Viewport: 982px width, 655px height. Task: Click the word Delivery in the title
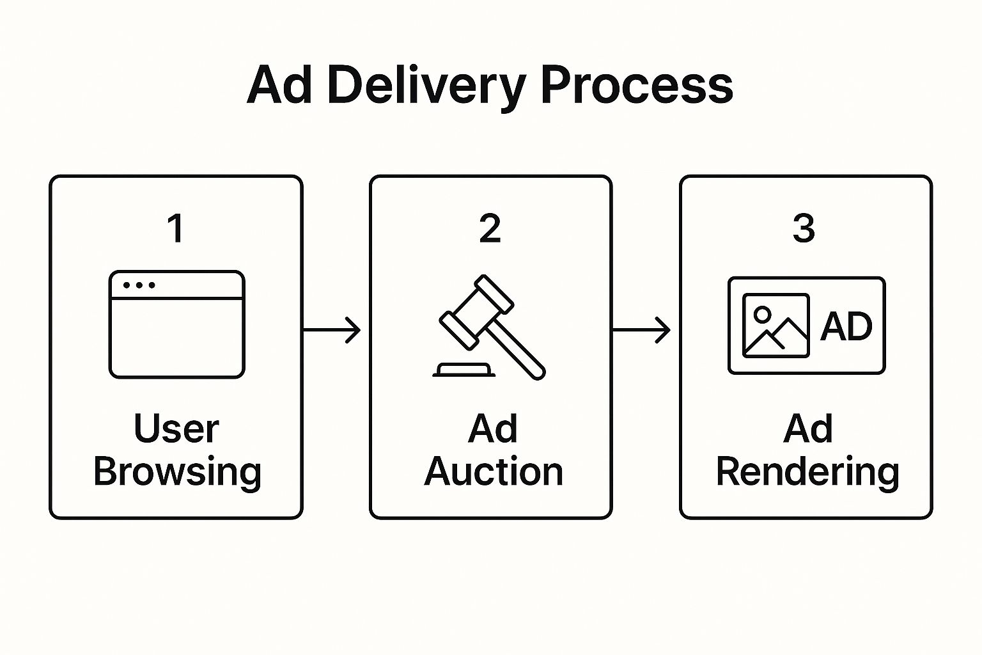click(426, 85)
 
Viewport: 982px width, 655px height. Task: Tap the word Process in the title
click(636, 85)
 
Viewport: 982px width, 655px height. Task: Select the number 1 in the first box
click(176, 228)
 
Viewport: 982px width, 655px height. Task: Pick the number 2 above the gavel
click(490, 228)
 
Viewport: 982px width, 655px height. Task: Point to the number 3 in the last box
click(804, 228)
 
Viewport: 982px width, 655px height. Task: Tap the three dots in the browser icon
click(139, 285)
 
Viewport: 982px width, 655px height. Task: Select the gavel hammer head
click(476, 312)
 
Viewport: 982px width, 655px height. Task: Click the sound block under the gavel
click(464, 370)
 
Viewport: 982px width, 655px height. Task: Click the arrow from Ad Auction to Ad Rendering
click(641, 330)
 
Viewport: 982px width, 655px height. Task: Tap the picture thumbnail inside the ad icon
click(775, 326)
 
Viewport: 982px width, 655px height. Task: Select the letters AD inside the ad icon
click(846, 326)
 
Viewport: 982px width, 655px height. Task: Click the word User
click(176, 429)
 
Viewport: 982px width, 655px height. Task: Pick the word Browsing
click(177, 472)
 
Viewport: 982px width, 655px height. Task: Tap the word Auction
click(493, 472)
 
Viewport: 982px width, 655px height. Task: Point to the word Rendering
click(807, 472)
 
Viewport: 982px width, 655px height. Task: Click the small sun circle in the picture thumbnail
click(762, 313)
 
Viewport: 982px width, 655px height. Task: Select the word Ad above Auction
click(492, 429)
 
